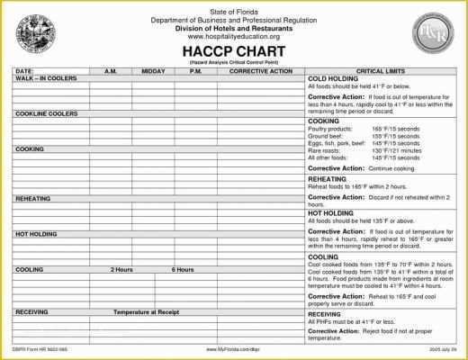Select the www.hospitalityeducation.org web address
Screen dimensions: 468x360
[233, 35]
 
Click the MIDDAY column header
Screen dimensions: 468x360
[153, 69]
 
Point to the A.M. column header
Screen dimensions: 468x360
[111, 69]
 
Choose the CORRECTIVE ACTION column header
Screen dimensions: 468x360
[261, 69]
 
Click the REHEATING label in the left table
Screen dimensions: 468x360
[32, 196]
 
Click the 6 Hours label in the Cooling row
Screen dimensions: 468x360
[182, 269]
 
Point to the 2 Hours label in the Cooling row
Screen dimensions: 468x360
[123, 269]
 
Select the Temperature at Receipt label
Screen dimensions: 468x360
[148, 311]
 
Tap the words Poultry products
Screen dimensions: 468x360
[329, 128]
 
